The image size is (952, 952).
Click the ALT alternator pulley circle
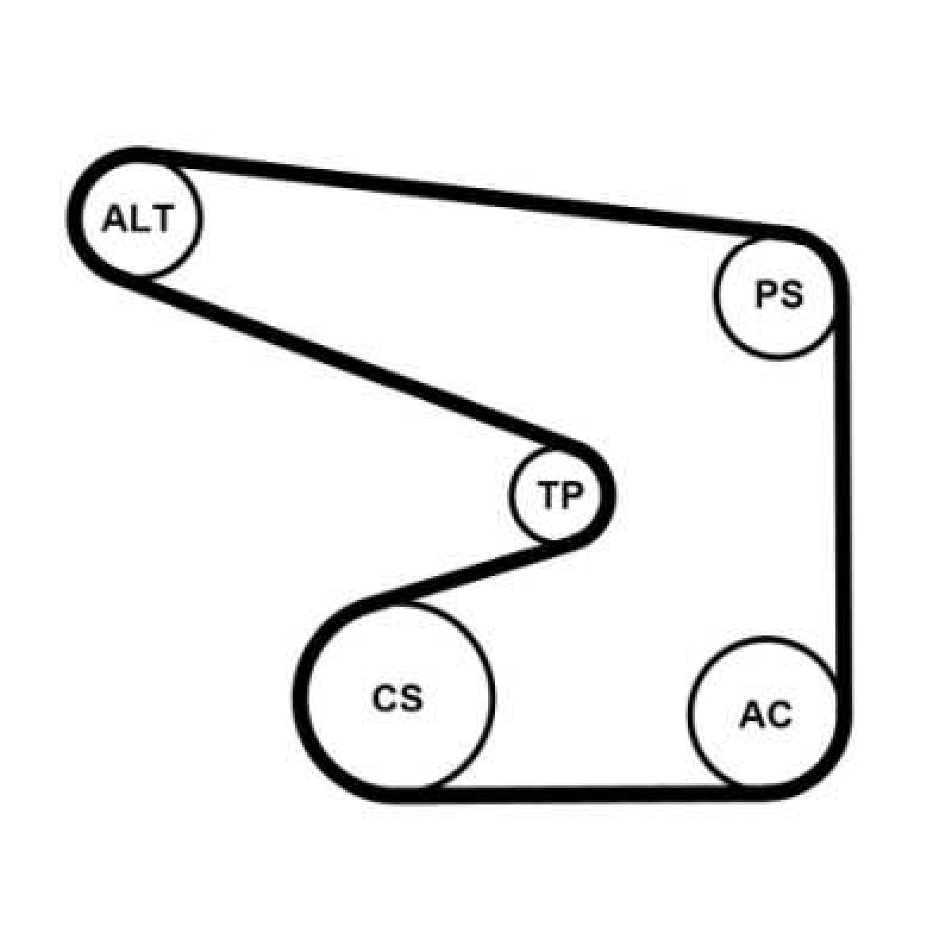click(140, 218)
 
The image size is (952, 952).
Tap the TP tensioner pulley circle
click(557, 494)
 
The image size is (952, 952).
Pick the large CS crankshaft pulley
click(399, 698)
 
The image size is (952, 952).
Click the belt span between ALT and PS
click(464, 192)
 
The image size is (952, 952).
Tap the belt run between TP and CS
click(474, 573)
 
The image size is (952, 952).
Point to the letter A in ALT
click(114, 219)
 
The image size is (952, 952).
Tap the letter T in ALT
click(162, 219)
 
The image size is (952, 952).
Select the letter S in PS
click(791, 295)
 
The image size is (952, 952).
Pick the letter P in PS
click(766, 295)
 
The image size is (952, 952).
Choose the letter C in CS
click(385, 698)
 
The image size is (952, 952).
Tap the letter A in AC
click(752, 715)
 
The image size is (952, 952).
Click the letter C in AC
click(779, 715)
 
